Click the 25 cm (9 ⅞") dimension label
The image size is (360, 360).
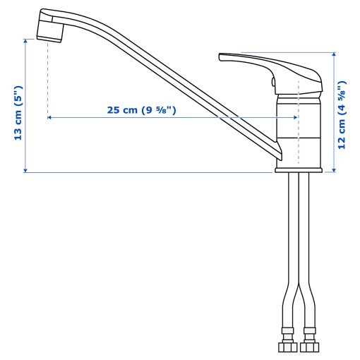click(x=140, y=109)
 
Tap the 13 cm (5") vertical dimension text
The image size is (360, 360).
click(x=19, y=113)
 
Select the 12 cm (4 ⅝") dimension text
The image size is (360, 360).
click(x=342, y=111)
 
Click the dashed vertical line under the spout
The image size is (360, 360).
click(x=47, y=78)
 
